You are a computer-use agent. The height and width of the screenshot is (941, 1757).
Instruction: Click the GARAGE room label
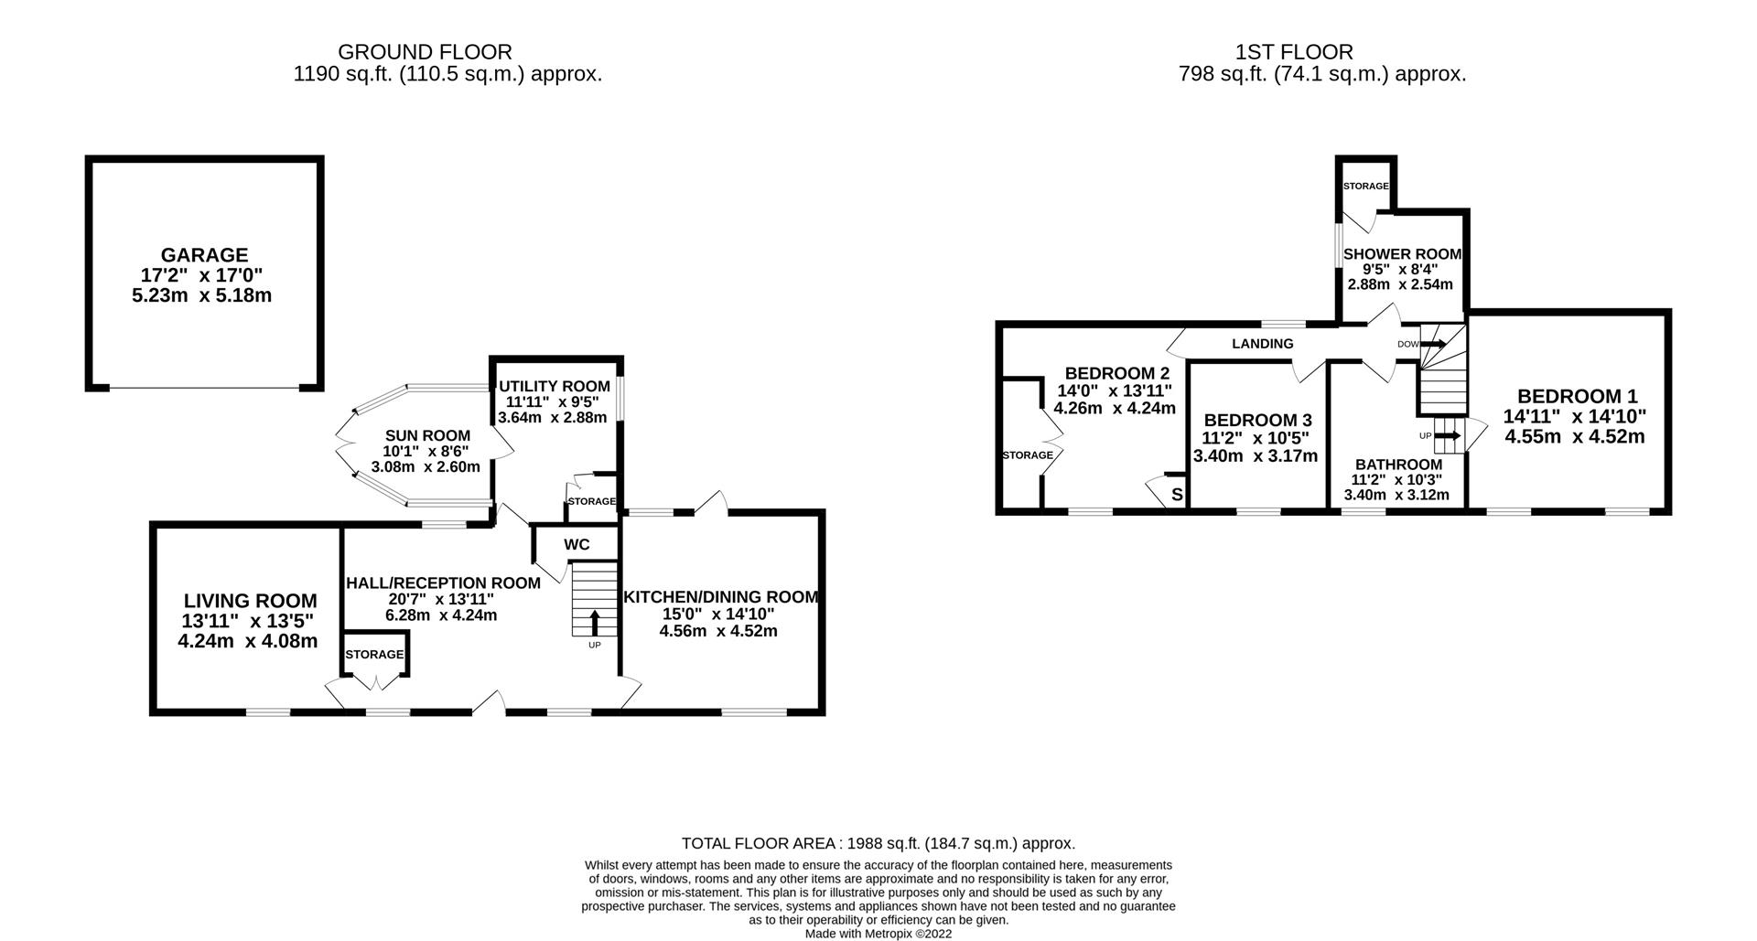pos(204,255)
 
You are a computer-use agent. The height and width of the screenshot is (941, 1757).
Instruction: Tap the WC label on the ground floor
pos(577,545)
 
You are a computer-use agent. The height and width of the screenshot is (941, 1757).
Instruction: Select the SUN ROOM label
pos(427,436)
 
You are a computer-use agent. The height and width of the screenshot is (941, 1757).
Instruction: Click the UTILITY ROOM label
pos(553,387)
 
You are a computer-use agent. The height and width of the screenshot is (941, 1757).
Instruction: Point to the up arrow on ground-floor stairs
pos(594,623)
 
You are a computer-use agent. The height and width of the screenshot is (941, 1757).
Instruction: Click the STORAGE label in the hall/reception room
pos(374,655)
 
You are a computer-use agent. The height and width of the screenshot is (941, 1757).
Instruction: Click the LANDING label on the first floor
pos(1262,344)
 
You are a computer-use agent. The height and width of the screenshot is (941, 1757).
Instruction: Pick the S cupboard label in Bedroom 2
pos(1177,495)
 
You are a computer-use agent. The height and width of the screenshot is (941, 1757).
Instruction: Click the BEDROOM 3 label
pos(1257,420)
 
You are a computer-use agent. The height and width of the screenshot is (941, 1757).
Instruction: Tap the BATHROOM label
pos(1397,465)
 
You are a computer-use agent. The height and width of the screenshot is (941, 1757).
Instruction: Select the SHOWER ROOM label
pos(1401,254)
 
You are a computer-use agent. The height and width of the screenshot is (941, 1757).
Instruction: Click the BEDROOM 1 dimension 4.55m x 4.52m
pos(1574,437)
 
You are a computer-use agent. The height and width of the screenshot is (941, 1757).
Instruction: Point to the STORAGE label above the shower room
pos(1365,187)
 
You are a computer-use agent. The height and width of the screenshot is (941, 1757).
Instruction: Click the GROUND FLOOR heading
pos(425,52)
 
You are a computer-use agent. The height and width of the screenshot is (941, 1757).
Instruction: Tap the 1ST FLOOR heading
pos(1292,52)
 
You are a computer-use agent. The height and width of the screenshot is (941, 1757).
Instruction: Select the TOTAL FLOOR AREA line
pos(878,843)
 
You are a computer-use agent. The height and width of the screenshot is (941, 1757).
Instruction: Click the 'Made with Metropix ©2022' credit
pos(878,934)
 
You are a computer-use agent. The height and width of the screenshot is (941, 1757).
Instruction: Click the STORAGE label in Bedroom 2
pos(1028,455)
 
